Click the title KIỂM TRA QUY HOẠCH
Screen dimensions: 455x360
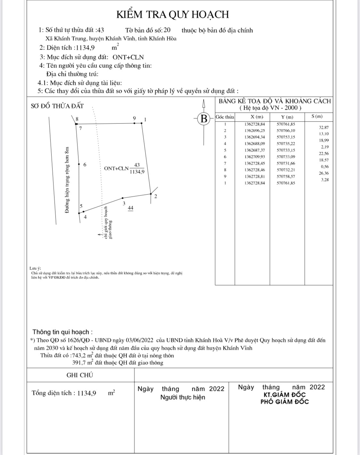coord(172,14)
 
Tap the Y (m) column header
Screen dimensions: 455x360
coord(287,117)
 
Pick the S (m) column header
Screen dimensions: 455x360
coord(317,116)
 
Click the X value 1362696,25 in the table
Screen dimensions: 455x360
coord(254,130)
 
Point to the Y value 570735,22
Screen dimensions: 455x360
coord(286,144)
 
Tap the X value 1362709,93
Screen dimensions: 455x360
coord(254,157)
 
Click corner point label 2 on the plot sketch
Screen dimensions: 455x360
coord(156,196)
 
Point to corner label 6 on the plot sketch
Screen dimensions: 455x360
coord(85,165)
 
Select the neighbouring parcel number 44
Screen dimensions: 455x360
coord(130,208)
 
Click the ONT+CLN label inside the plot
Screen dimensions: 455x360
coord(116,169)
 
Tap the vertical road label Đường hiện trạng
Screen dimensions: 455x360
coord(67,180)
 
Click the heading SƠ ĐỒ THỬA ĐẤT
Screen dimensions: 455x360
coord(57,106)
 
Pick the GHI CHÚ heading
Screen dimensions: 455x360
coord(80,375)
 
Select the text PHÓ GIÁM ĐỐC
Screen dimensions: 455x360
coord(284,402)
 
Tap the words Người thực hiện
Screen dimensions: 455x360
coord(183,397)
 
